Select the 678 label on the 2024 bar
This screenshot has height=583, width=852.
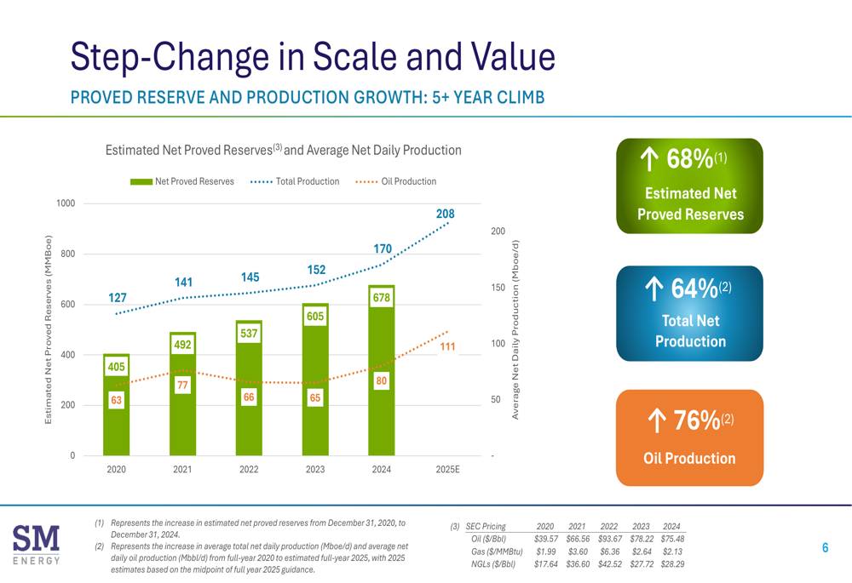(x=382, y=299)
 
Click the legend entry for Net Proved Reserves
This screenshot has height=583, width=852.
(x=182, y=181)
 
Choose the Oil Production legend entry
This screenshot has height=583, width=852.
(x=395, y=181)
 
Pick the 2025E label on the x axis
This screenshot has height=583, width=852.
(x=447, y=470)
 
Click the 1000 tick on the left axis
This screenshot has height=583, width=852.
(x=66, y=203)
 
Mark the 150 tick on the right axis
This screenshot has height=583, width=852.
(x=498, y=289)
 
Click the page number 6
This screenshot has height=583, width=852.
(x=825, y=548)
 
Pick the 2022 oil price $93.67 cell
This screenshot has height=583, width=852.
(x=609, y=539)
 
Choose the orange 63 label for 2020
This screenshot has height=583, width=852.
(x=116, y=399)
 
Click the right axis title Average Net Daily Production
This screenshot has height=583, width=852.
(x=515, y=328)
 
